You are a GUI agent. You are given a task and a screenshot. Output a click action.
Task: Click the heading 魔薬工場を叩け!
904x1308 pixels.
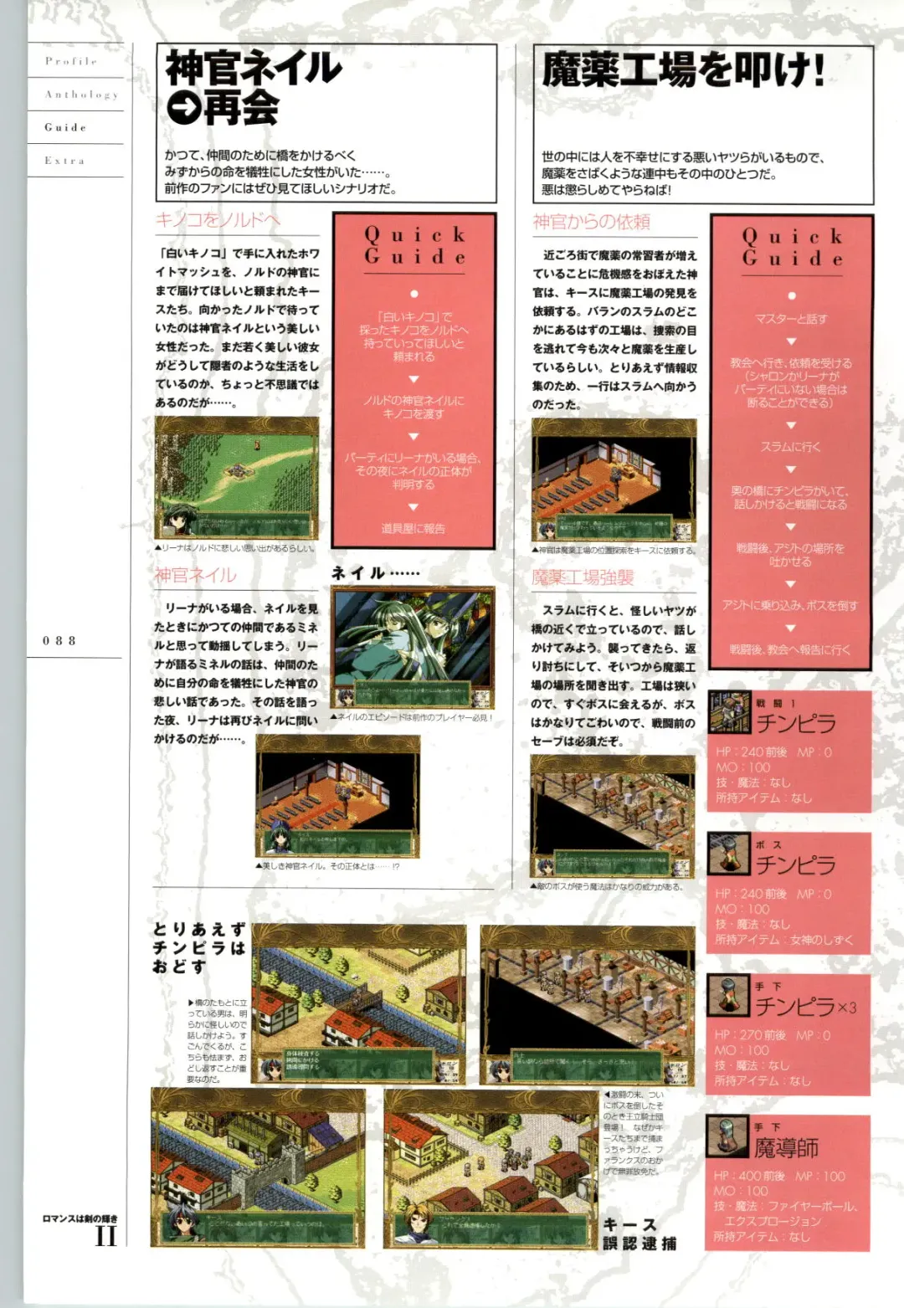pyautogui.click(x=683, y=70)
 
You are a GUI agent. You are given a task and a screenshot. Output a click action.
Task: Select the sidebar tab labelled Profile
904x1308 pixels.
pyautogui.click(x=71, y=61)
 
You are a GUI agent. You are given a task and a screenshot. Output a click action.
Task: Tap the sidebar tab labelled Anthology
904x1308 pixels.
pyautogui.click(x=81, y=95)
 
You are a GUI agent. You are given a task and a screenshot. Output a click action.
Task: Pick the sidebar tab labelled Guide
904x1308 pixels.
pyautogui.click(x=66, y=127)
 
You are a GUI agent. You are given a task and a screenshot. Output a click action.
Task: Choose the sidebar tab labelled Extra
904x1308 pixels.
pyautogui.click(x=64, y=160)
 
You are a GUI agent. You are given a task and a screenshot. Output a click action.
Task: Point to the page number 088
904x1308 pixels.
pyautogui.click(x=59, y=640)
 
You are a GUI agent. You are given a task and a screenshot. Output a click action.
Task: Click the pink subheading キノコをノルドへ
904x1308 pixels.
pyautogui.click(x=218, y=220)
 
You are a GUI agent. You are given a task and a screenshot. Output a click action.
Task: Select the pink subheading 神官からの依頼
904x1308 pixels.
pyautogui.click(x=591, y=222)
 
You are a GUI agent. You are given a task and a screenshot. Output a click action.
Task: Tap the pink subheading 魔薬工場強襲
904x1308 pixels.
pyautogui.click(x=583, y=577)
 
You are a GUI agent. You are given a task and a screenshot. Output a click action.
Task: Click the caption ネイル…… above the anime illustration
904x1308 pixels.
pyautogui.click(x=375, y=573)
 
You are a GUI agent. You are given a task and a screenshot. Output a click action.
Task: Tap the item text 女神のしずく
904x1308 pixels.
pyautogui.click(x=822, y=940)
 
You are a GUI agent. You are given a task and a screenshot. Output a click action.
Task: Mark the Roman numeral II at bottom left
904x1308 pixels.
pyautogui.click(x=105, y=1236)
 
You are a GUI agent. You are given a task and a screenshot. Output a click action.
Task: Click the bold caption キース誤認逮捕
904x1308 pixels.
pyautogui.click(x=639, y=1234)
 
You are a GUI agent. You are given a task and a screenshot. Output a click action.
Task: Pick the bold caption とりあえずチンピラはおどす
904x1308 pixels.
pyautogui.click(x=199, y=947)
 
